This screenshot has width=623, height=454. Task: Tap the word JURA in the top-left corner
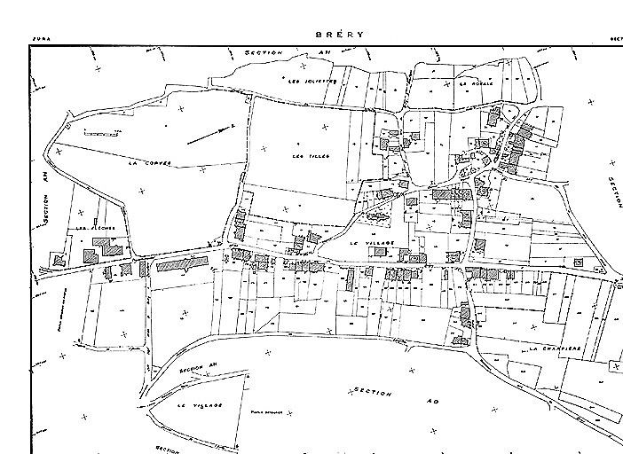click(x=41, y=39)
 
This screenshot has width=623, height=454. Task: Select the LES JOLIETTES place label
click(x=313, y=81)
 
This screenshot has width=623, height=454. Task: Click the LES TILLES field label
click(x=311, y=156)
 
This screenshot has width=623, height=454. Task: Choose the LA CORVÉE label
click(x=148, y=163)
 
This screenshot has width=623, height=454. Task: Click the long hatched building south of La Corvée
click(x=180, y=264)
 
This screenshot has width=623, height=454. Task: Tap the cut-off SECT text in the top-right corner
click(x=615, y=39)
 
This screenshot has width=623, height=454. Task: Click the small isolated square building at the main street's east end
click(x=579, y=262)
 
